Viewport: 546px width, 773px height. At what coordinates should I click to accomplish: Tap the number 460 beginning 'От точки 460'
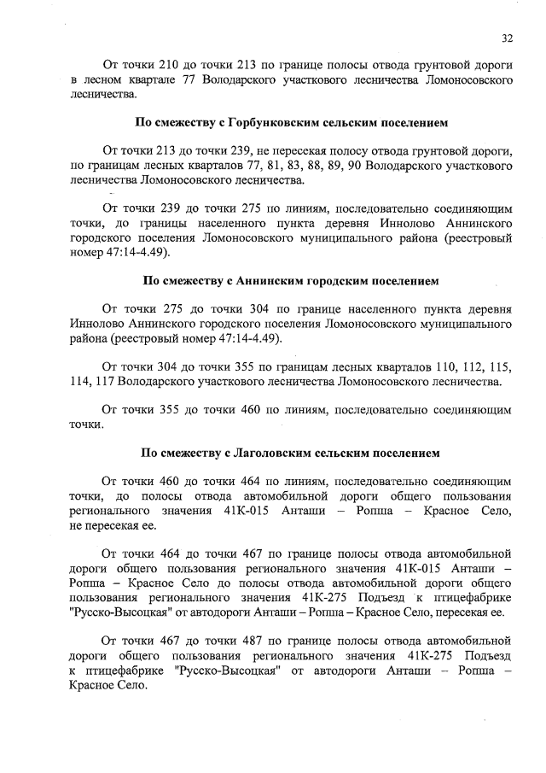170,480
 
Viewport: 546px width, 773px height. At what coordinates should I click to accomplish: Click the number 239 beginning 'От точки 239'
170,208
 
